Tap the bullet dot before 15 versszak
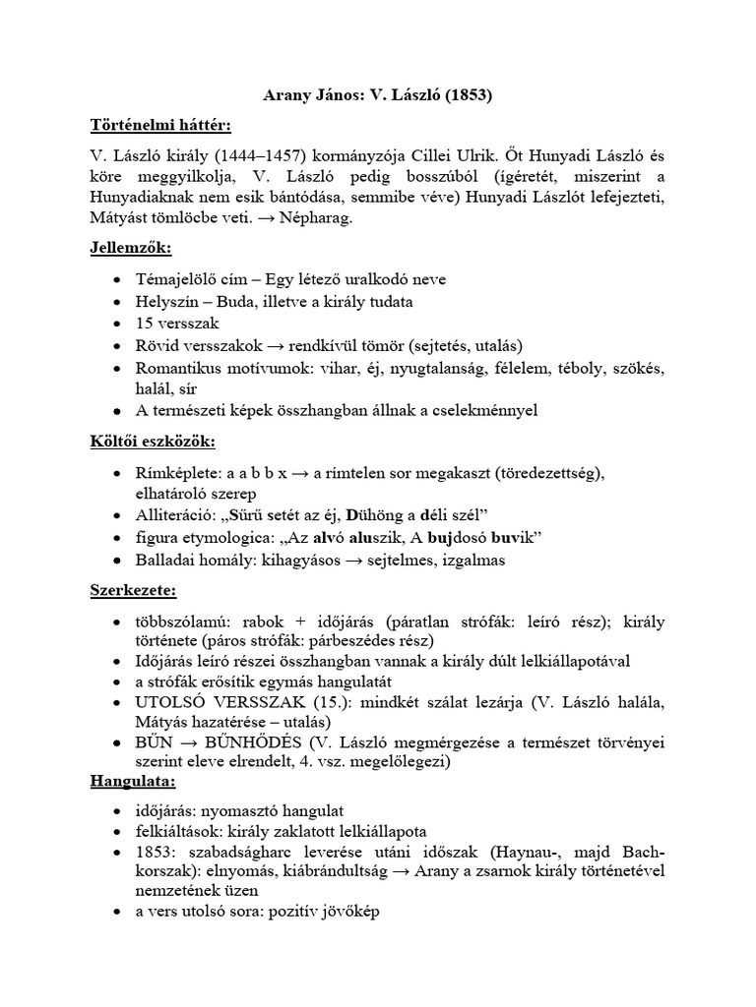[x=118, y=323]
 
